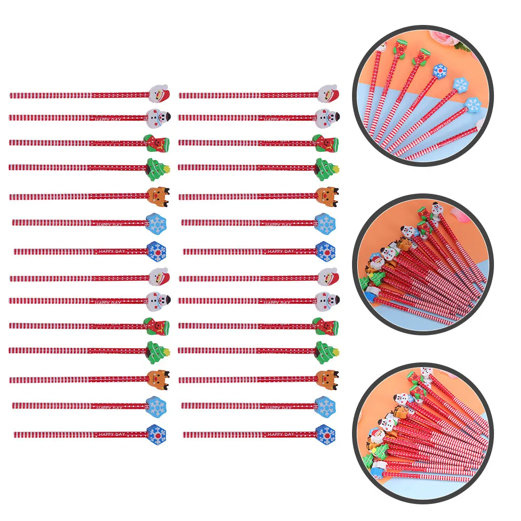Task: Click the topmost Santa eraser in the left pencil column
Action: (x=159, y=94)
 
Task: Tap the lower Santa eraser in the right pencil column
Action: (x=328, y=276)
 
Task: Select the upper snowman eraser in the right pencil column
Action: (x=328, y=118)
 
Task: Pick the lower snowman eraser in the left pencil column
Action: (x=159, y=300)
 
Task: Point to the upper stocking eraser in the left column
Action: (x=158, y=142)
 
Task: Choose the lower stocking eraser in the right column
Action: (x=327, y=325)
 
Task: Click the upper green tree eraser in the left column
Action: (x=158, y=167)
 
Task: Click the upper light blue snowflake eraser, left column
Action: (x=157, y=223)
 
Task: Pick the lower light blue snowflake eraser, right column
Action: (x=325, y=406)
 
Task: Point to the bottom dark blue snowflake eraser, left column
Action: (x=156, y=434)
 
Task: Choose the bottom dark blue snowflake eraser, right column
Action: (x=325, y=434)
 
